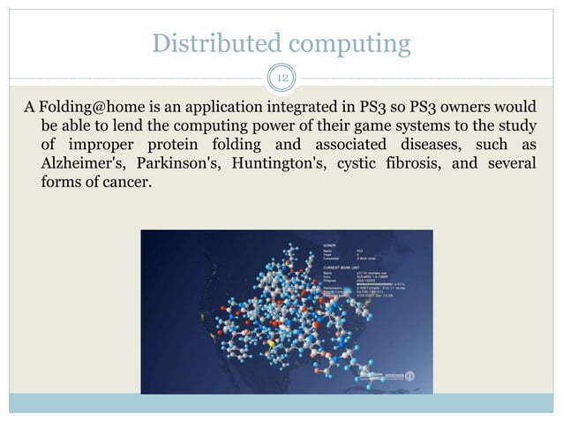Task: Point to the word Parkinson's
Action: tap(174, 164)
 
